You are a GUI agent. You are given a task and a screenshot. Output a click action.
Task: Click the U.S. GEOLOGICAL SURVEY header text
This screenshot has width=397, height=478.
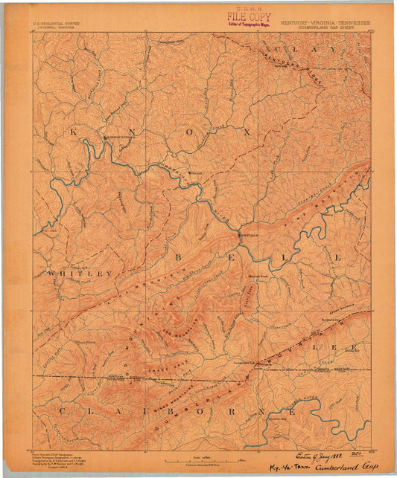[57, 23]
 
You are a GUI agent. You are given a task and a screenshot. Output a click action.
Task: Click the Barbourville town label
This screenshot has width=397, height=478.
[120, 138]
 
